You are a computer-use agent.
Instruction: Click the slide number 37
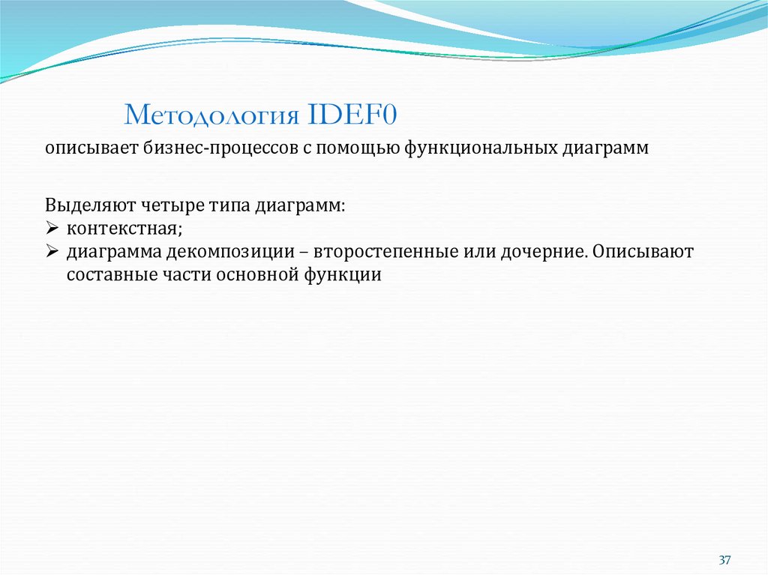tap(724, 560)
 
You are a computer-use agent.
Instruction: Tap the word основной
tap(257, 274)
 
